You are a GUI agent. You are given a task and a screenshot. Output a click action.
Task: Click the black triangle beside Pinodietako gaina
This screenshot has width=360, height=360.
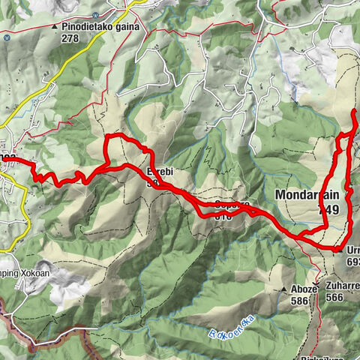point(55,27)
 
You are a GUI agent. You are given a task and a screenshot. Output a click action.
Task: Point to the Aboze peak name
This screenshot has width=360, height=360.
point(301,288)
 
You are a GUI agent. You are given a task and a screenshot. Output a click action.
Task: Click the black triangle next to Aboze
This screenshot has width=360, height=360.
point(285,289)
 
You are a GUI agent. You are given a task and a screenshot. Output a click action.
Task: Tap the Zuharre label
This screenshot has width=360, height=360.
point(343,286)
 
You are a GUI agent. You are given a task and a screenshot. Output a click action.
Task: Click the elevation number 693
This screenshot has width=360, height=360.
point(353,262)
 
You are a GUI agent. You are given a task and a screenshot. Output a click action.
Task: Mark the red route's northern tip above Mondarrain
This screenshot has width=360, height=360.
point(354,111)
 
